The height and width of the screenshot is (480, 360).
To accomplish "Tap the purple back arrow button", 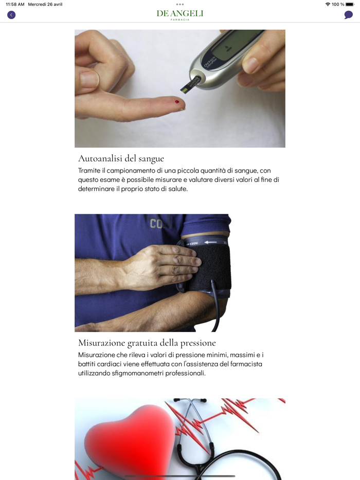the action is pos(11,15).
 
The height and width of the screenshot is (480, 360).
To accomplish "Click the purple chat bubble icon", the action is pos(348,15).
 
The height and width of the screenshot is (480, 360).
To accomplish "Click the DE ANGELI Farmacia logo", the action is pos(180,15).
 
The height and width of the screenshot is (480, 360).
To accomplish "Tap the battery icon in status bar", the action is pos(350,4).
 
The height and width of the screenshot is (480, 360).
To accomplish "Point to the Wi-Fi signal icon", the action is pos(328,4).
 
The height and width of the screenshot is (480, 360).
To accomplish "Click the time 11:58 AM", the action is pos(15,4).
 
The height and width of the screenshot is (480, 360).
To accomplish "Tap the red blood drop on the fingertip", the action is pos(177,102).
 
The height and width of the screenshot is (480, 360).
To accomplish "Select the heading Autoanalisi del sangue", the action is pos(121,159).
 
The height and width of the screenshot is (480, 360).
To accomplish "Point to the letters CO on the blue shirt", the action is pos(156,224).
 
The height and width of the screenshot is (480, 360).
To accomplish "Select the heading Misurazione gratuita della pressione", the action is pos(147,343).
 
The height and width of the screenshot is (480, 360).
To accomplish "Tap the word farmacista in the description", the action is pos(246,364).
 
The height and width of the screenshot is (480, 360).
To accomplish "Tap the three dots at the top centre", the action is pos(180,4).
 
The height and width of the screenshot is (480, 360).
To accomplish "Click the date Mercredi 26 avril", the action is pos(45,4).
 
